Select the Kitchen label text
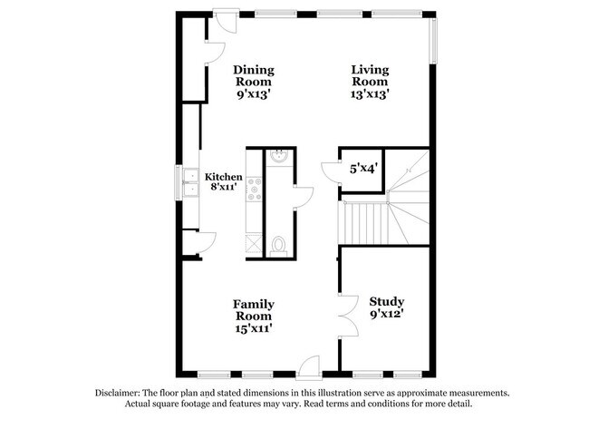[223, 177]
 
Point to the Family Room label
[254, 310]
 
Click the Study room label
[387, 301]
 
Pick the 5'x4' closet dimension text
[364, 168]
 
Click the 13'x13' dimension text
[371, 94]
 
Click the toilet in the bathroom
[278, 244]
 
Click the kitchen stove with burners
[255, 189]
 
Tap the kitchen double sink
[193, 182]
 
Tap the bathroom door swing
[303, 198]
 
